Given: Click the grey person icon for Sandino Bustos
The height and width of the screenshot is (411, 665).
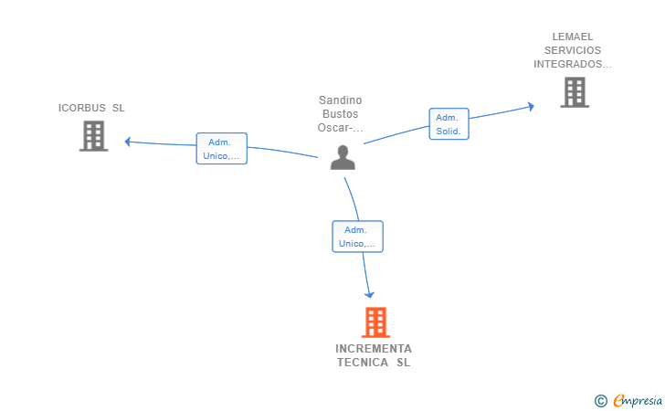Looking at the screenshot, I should (x=343, y=157).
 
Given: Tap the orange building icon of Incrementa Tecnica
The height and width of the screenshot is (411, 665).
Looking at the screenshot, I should (x=375, y=322).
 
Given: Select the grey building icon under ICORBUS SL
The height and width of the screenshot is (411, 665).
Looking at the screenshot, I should (x=93, y=136).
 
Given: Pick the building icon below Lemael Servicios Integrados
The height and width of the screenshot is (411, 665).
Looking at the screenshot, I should (x=574, y=91).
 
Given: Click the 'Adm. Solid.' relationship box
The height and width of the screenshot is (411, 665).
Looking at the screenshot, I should (x=449, y=124).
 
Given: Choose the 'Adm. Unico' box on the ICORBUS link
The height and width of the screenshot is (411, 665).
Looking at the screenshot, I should (x=222, y=149).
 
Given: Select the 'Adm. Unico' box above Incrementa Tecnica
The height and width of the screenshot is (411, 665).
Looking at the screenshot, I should (x=357, y=237).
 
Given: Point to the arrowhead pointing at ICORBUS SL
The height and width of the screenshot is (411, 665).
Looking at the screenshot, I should (x=128, y=142).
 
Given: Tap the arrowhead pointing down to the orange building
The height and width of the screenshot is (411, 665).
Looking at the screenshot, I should (x=370, y=294).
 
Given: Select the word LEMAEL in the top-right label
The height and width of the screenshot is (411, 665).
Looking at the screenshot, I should (x=573, y=37).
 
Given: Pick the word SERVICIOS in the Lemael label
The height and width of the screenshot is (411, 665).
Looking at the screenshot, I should (x=573, y=50).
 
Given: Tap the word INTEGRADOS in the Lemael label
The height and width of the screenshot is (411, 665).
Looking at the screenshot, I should (x=571, y=64).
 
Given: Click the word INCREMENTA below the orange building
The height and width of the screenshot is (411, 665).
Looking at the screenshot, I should (x=374, y=349).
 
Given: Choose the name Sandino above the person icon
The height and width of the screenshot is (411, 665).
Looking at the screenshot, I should (x=341, y=100).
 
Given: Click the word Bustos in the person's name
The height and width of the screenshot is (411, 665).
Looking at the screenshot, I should (x=341, y=114).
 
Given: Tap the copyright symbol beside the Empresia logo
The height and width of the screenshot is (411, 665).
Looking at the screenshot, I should (x=600, y=400).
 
